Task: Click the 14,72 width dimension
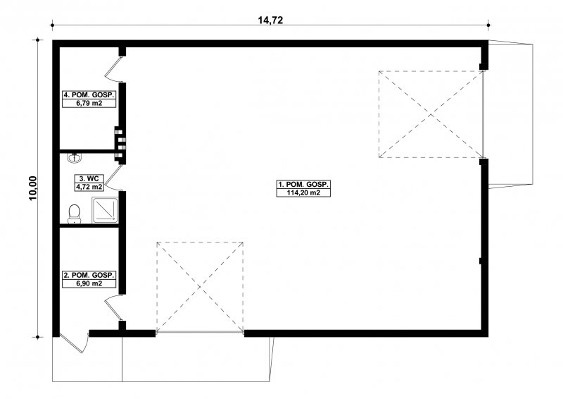[270, 20]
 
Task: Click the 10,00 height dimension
[33, 188]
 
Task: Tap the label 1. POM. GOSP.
[303, 184]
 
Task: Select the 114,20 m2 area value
[303, 193]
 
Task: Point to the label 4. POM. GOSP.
[89, 95]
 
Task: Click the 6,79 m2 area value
[89, 104]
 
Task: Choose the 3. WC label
[89, 178]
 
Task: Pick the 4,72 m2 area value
[89, 187]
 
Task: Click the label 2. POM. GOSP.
[89, 275]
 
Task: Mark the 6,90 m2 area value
[89, 283]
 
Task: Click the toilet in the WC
[75, 214]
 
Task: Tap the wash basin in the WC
[75, 157]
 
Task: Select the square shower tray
[105, 210]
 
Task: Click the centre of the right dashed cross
[431, 114]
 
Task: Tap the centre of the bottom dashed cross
[200, 287]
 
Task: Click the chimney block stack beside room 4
[120, 144]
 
